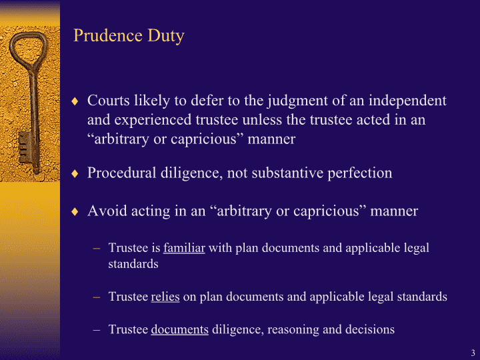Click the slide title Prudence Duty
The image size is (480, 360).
(129, 36)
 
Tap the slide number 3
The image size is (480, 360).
(473, 353)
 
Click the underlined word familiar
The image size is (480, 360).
(184, 247)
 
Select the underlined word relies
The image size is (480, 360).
(165, 296)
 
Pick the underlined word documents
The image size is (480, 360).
(180, 329)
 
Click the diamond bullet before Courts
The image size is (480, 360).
(75, 101)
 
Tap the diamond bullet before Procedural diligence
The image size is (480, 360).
(75, 173)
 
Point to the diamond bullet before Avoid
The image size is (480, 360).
(75, 211)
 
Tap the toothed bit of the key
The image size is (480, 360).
(24, 147)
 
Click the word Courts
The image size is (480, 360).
(109, 101)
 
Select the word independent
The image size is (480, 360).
(407, 101)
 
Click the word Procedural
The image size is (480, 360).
(122, 173)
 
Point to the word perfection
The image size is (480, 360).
(360, 173)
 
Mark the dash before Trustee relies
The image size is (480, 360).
(97, 297)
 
